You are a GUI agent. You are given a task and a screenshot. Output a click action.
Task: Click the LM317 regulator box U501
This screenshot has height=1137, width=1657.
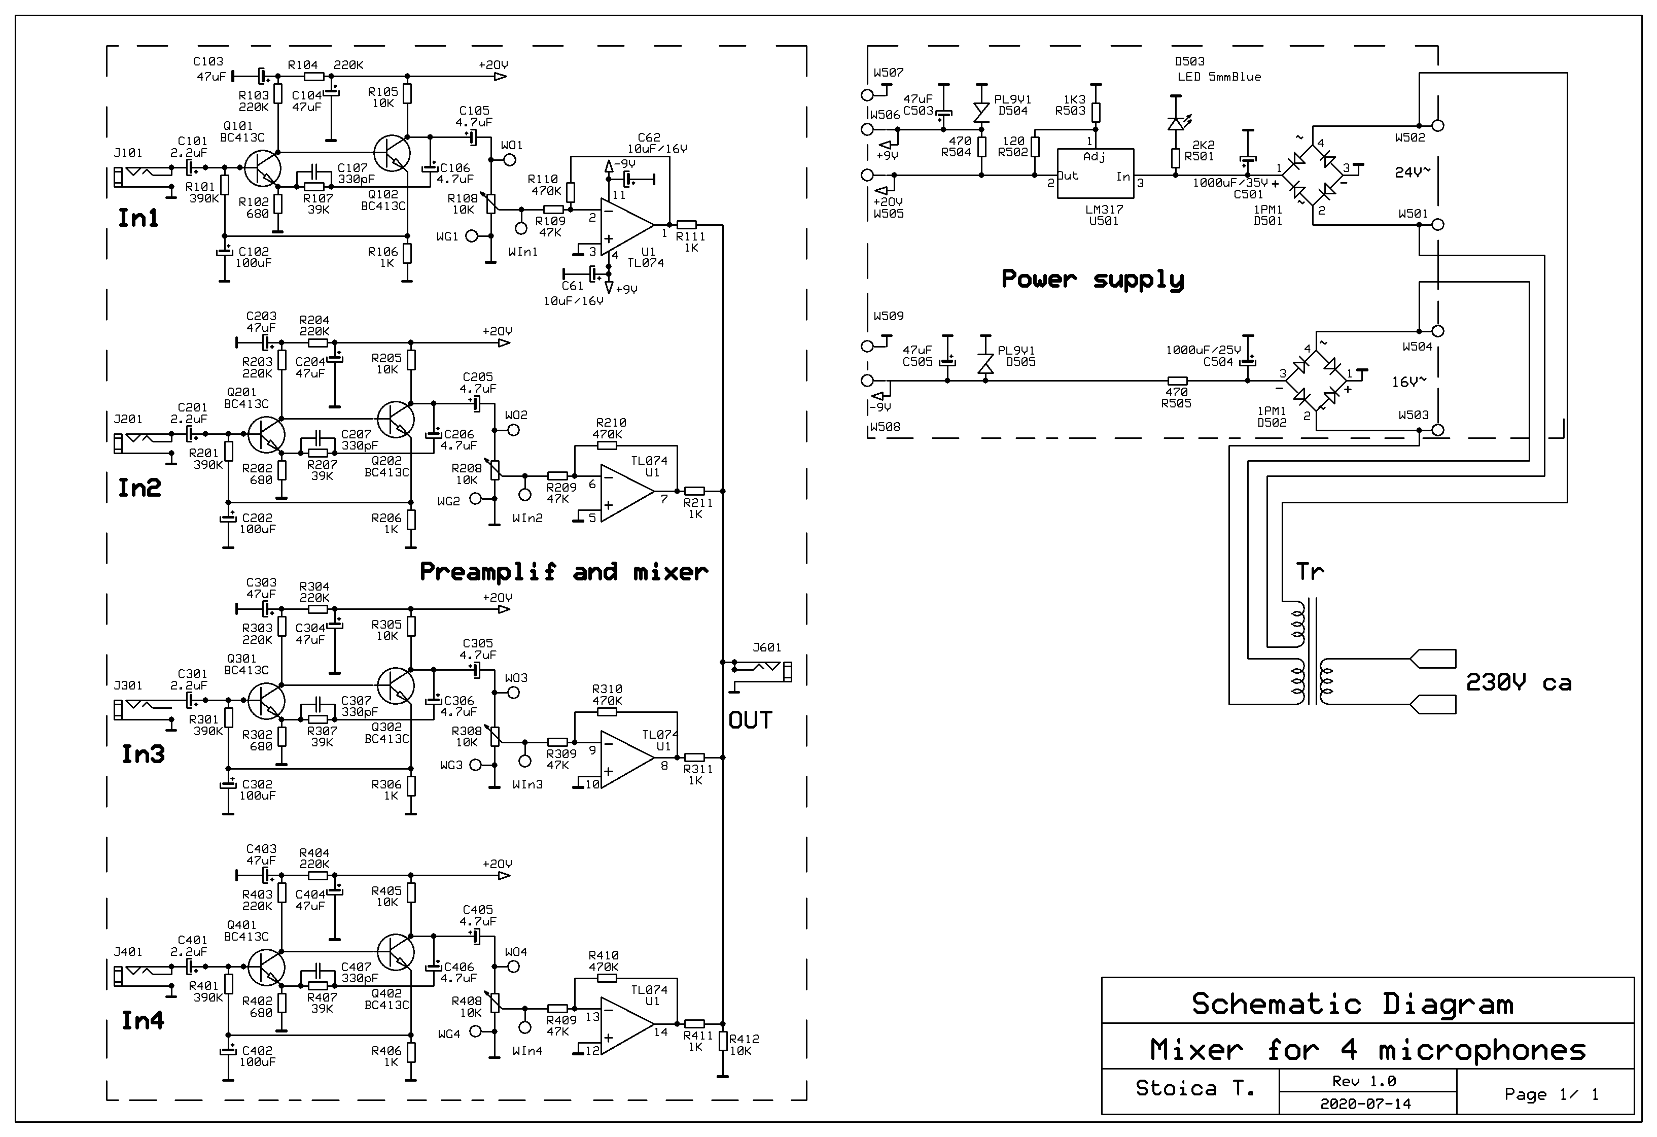tap(1095, 174)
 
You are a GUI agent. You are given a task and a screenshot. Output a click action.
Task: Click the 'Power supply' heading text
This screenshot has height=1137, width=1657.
tap(1092, 279)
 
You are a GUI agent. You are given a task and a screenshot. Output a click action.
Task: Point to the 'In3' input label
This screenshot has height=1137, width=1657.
tap(143, 754)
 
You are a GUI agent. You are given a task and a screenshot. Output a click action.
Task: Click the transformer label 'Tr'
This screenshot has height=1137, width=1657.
tap(1310, 571)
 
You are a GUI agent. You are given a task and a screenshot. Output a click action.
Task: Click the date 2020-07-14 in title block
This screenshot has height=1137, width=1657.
tap(1365, 1104)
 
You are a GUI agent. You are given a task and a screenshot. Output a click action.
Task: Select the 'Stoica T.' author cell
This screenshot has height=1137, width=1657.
tap(1194, 1088)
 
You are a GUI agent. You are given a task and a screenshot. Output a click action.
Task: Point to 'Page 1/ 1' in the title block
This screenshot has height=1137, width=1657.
tap(1551, 1094)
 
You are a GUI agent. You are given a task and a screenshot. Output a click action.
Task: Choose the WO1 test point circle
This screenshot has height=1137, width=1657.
tap(510, 160)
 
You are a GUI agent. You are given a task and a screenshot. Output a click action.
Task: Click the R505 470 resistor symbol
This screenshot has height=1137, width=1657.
tap(1177, 381)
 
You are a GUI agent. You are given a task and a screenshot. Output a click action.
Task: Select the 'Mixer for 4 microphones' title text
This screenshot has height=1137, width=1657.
tap(1367, 1050)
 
